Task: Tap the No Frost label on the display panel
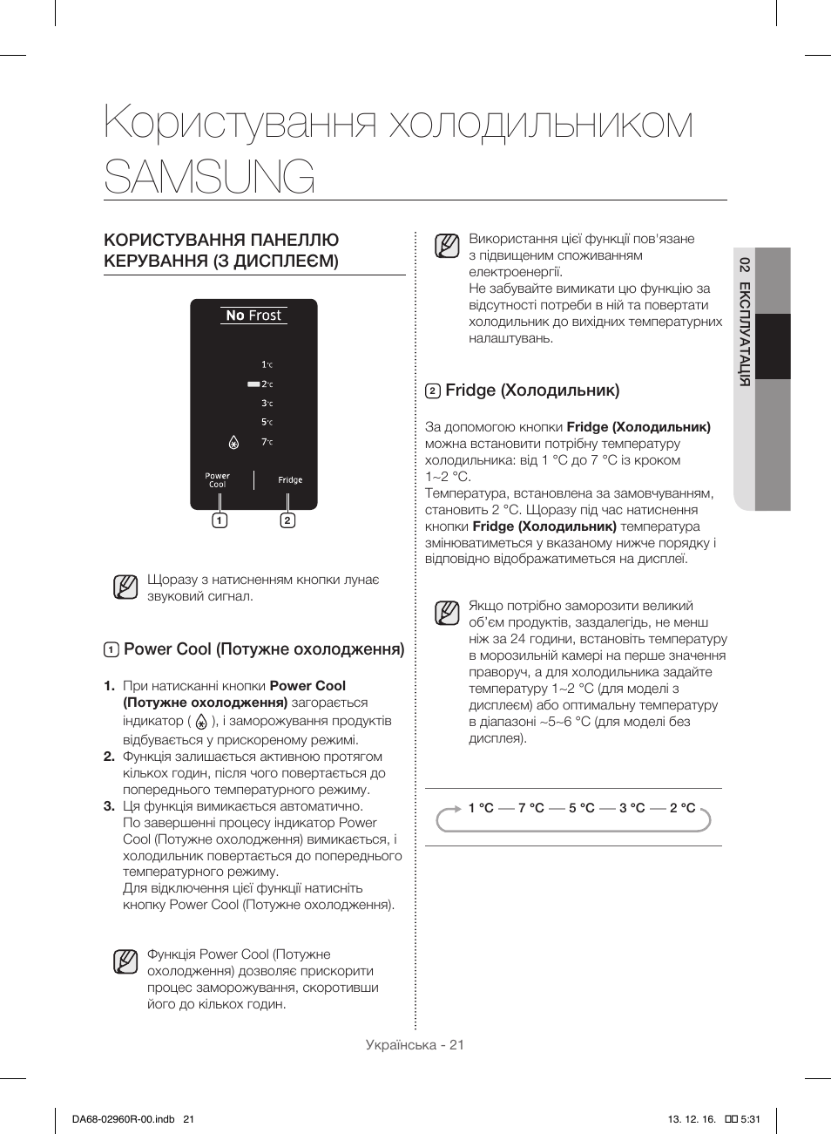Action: pyautogui.click(x=253, y=316)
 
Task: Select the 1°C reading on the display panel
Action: pyautogui.click(x=267, y=364)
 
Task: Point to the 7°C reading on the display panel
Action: pyautogui.click(x=267, y=442)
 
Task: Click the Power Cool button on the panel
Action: pyautogui.click(x=217, y=480)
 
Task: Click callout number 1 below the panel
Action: pyautogui.click(x=220, y=520)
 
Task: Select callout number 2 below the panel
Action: pyautogui.click(x=287, y=520)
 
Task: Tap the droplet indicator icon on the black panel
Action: pyautogui.click(x=233, y=443)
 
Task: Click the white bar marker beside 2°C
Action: pyautogui.click(x=253, y=384)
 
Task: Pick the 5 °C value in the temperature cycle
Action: pyautogui.click(x=581, y=808)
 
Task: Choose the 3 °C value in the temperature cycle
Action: pyautogui.click(x=632, y=808)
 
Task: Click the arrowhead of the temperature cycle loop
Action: pyautogui.click(x=456, y=809)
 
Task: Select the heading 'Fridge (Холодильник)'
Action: pyautogui.click(x=531, y=390)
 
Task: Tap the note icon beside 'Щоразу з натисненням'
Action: pyautogui.click(x=125, y=587)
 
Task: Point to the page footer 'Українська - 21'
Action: pyautogui.click(x=415, y=1044)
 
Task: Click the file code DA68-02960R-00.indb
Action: pyautogui.click(x=123, y=1119)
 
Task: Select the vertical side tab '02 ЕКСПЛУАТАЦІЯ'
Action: pyautogui.click(x=744, y=322)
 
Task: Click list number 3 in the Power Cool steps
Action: pyautogui.click(x=109, y=806)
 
